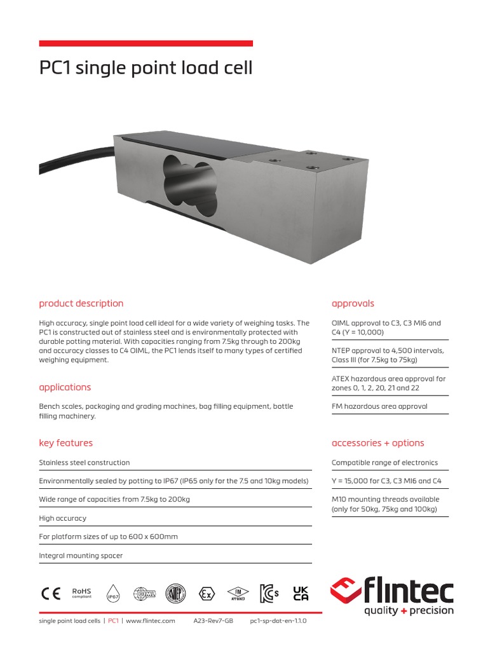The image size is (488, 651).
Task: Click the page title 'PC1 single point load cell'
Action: pyautogui.click(x=146, y=68)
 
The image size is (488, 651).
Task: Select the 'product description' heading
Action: pyautogui.click(x=81, y=303)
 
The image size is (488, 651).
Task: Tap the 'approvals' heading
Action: pyautogui.click(x=353, y=303)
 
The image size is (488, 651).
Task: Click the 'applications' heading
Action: pyautogui.click(x=65, y=387)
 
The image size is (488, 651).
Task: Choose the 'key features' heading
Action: pyautogui.click(x=65, y=443)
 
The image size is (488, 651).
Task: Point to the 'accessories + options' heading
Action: pyautogui.click(x=377, y=443)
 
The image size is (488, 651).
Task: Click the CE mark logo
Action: pyautogui.click(x=51, y=593)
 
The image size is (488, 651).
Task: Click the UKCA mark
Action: pyautogui.click(x=301, y=593)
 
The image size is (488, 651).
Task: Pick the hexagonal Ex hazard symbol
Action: pyautogui.click(x=206, y=594)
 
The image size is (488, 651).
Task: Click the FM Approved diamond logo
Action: pyautogui.click(x=238, y=593)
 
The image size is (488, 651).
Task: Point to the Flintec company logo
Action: pyautogui.click(x=392, y=596)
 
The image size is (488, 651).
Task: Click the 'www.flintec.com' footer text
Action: pyautogui.click(x=151, y=621)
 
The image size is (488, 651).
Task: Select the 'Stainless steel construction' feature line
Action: pyautogui.click(x=85, y=463)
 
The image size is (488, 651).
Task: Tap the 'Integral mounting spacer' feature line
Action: pyautogui.click(x=81, y=556)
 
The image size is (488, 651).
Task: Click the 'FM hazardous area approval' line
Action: pyautogui.click(x=379, y=406)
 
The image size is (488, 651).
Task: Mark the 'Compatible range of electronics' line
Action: pyautogui.click(x=384, y=463)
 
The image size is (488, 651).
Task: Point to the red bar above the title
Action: pyautogui.click(x=146, y=43)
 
